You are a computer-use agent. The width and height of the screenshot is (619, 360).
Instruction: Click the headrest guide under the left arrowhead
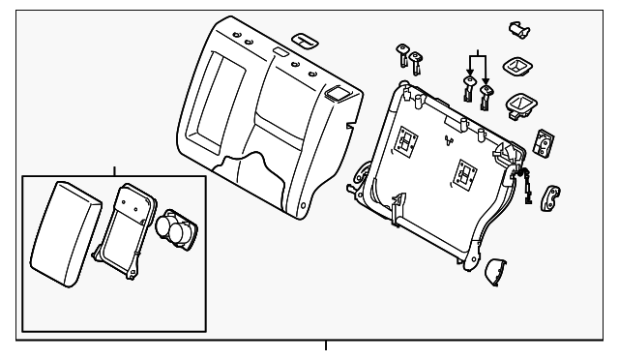point(468,91)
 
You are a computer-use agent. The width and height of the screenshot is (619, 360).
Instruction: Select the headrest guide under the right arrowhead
point(486,93)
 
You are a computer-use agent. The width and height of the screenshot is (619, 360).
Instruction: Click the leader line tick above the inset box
point(114,168)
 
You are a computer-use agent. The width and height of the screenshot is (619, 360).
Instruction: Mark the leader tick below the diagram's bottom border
point(326,345)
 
